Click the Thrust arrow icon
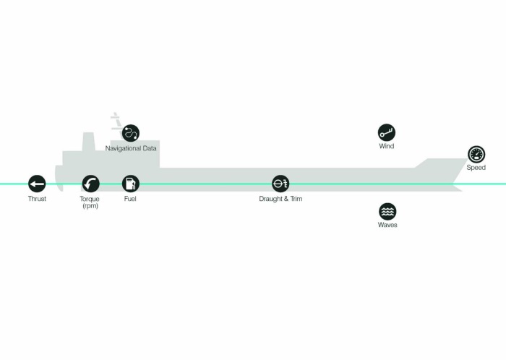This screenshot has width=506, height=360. click(37, 184)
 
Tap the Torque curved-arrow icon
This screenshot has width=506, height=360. click(90, 184)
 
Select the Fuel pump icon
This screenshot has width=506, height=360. click(130, 184)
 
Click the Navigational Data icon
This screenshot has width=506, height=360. click(131, 133)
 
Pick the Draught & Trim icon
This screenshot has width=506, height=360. click(280, 184)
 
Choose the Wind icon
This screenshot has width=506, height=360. click(387, 132)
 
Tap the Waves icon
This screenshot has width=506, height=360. click(387, 211)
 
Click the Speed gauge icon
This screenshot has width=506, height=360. click(476, 154)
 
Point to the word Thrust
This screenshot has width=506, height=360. click(37, 199)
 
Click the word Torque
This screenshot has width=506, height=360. click(90, 199)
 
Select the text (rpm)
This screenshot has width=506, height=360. click(90, 206)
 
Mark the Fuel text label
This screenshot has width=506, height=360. click(130, 199)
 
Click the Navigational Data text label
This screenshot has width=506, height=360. click(131, 148)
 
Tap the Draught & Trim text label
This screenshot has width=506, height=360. click(280, 199)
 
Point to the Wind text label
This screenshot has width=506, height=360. click(387, 147)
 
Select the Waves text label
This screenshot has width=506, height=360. click(387, 226)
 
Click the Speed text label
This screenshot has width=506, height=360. click(476, 168)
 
